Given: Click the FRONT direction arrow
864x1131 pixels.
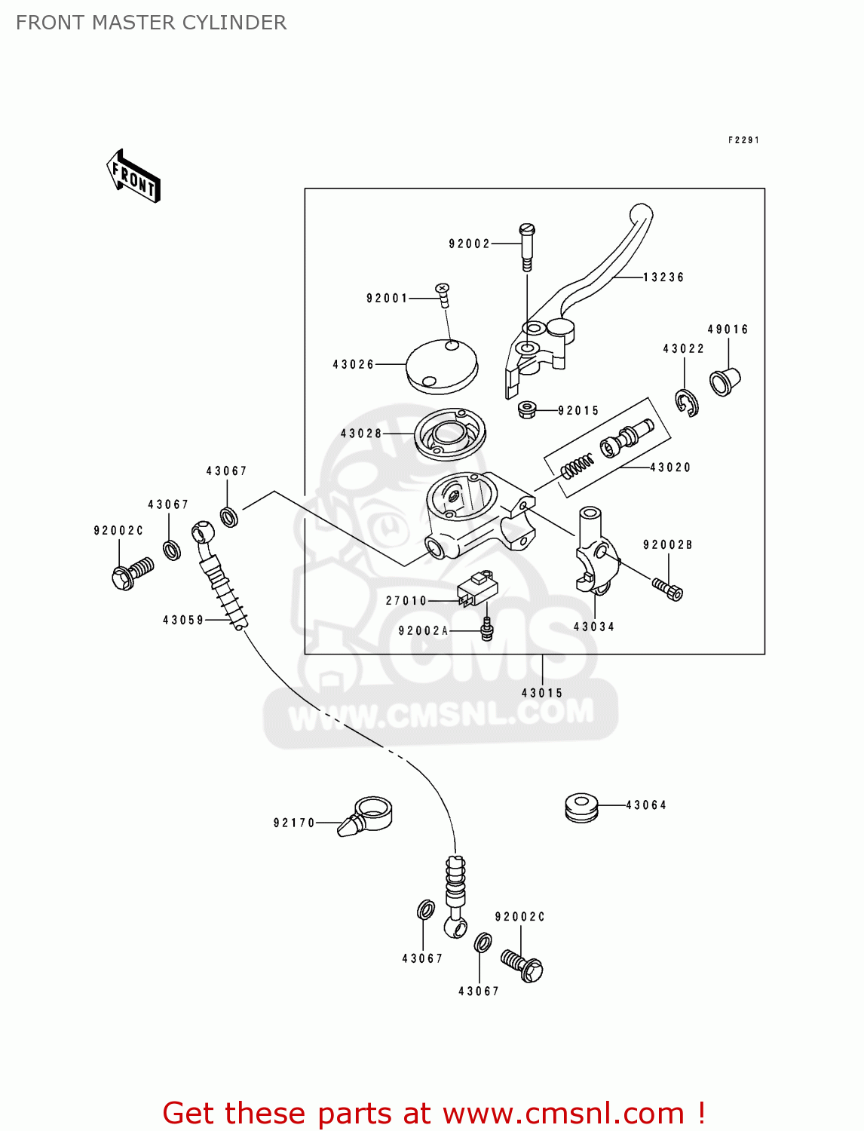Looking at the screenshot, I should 134,176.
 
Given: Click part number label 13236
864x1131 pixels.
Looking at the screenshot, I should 663,277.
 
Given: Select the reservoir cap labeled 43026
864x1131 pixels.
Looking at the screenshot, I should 442,366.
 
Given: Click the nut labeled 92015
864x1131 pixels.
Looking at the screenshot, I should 527,409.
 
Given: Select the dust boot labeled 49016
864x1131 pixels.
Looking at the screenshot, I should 725,381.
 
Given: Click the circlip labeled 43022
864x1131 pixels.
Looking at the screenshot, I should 687,403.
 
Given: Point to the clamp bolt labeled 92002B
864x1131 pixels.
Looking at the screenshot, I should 667,589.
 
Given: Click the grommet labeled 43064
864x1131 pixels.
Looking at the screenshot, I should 581,807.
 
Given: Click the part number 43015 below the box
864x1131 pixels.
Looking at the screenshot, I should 541,693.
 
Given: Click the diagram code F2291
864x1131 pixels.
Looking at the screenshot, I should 743,140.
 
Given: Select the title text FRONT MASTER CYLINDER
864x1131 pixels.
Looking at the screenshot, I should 151,23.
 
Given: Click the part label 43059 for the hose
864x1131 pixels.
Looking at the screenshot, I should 183,621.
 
